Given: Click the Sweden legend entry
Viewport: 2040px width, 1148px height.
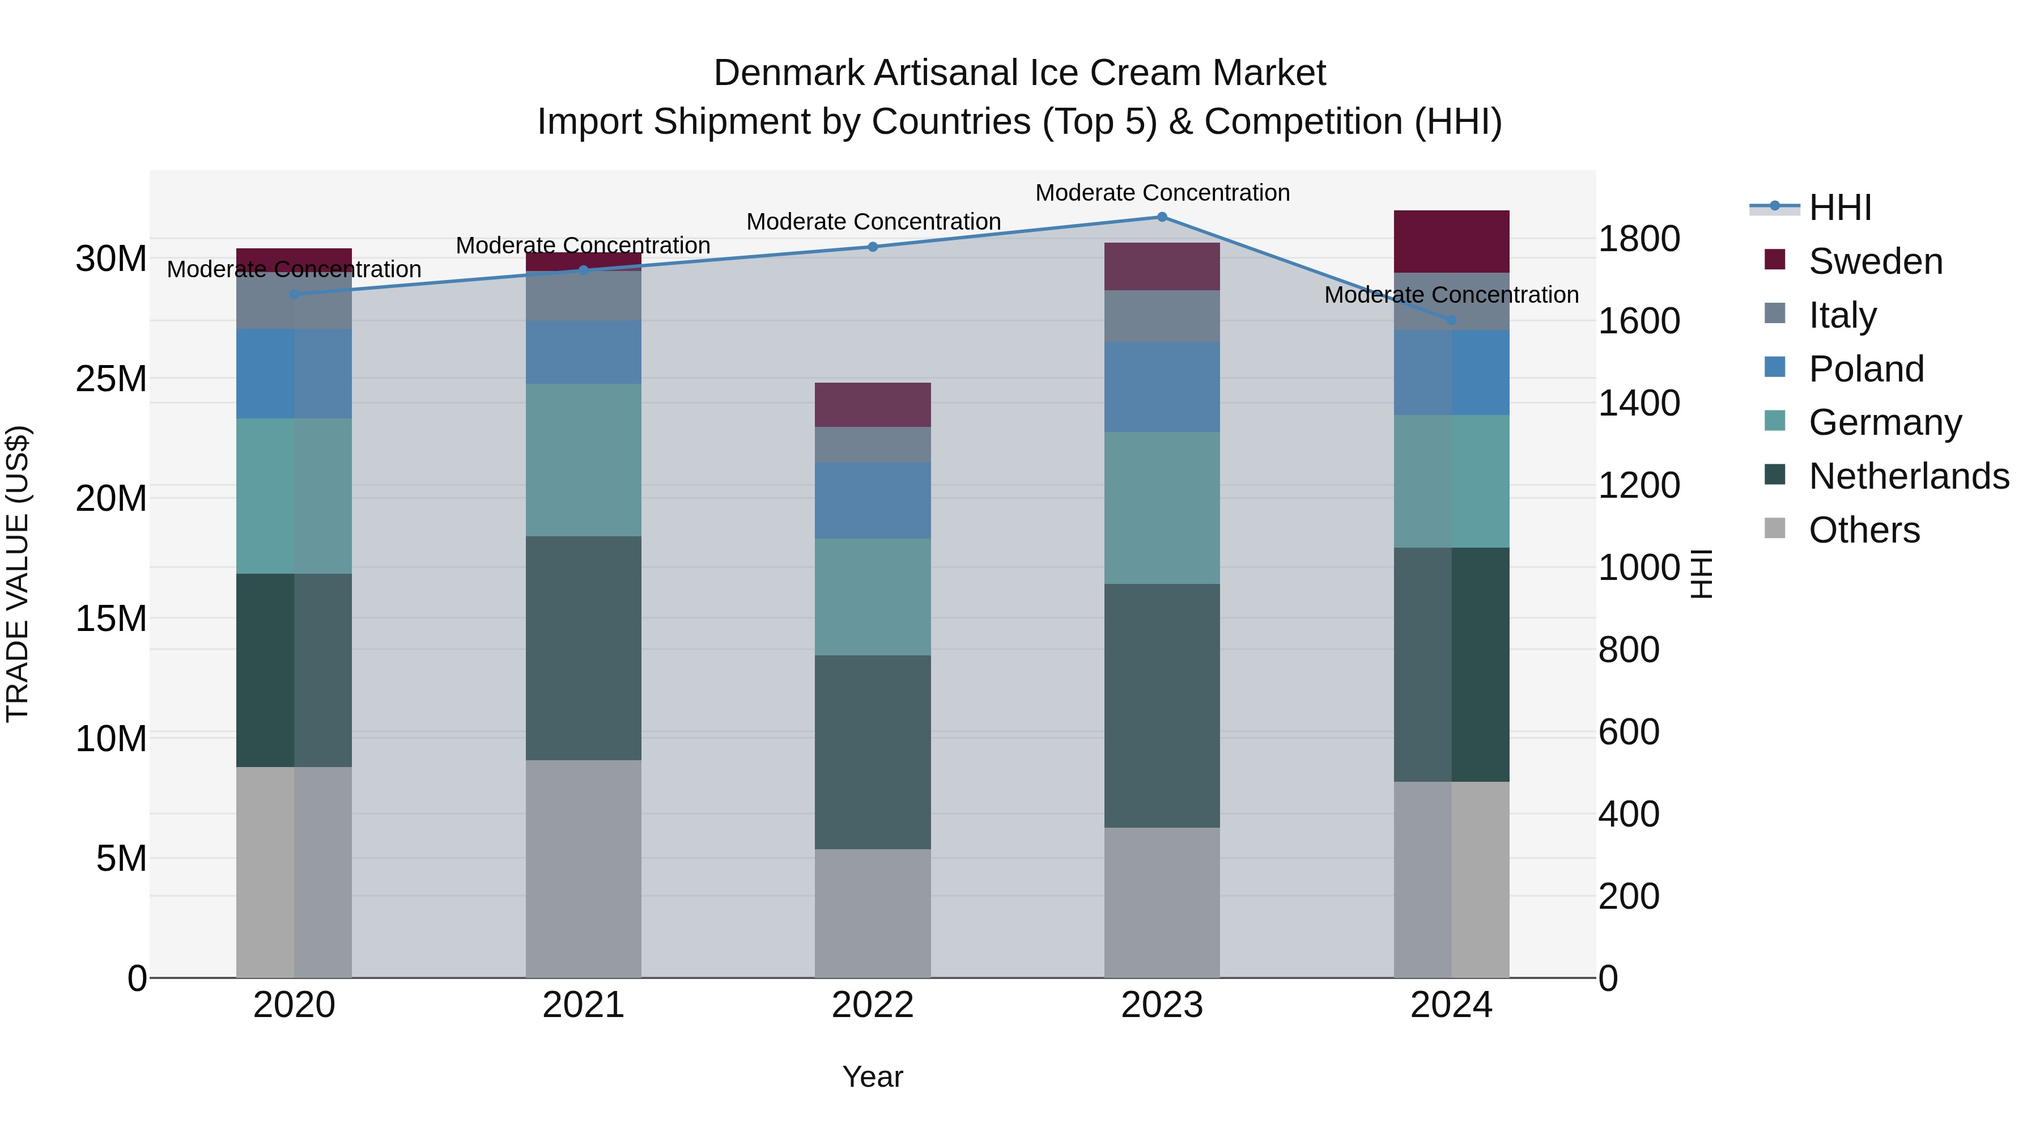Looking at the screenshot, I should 1875,261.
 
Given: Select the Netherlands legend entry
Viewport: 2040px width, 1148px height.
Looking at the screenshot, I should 1908,476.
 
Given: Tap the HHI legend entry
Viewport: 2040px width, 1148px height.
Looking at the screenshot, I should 1839,207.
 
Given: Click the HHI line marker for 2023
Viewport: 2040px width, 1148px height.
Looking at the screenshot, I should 1162,217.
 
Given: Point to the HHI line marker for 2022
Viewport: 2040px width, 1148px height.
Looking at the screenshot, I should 873,247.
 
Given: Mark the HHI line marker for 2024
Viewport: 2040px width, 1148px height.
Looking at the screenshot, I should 1451,321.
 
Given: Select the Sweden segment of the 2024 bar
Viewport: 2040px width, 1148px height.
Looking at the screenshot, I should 1451,242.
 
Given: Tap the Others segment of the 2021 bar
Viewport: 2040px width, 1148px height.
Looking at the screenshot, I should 584,869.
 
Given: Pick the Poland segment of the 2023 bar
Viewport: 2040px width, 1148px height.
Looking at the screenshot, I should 1162,387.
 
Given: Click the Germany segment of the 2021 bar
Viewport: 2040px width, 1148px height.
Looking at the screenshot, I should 584,460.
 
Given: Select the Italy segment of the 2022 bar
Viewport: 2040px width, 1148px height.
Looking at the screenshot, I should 873,444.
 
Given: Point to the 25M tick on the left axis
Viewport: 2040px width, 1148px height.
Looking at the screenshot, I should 111,379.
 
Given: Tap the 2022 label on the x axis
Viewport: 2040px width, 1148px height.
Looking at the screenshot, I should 873,1005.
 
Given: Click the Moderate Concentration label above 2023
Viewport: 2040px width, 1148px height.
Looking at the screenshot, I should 1162,193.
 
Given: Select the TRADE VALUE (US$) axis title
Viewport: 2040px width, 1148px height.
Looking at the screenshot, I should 18,574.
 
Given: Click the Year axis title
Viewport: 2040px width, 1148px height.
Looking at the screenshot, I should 873,1077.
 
